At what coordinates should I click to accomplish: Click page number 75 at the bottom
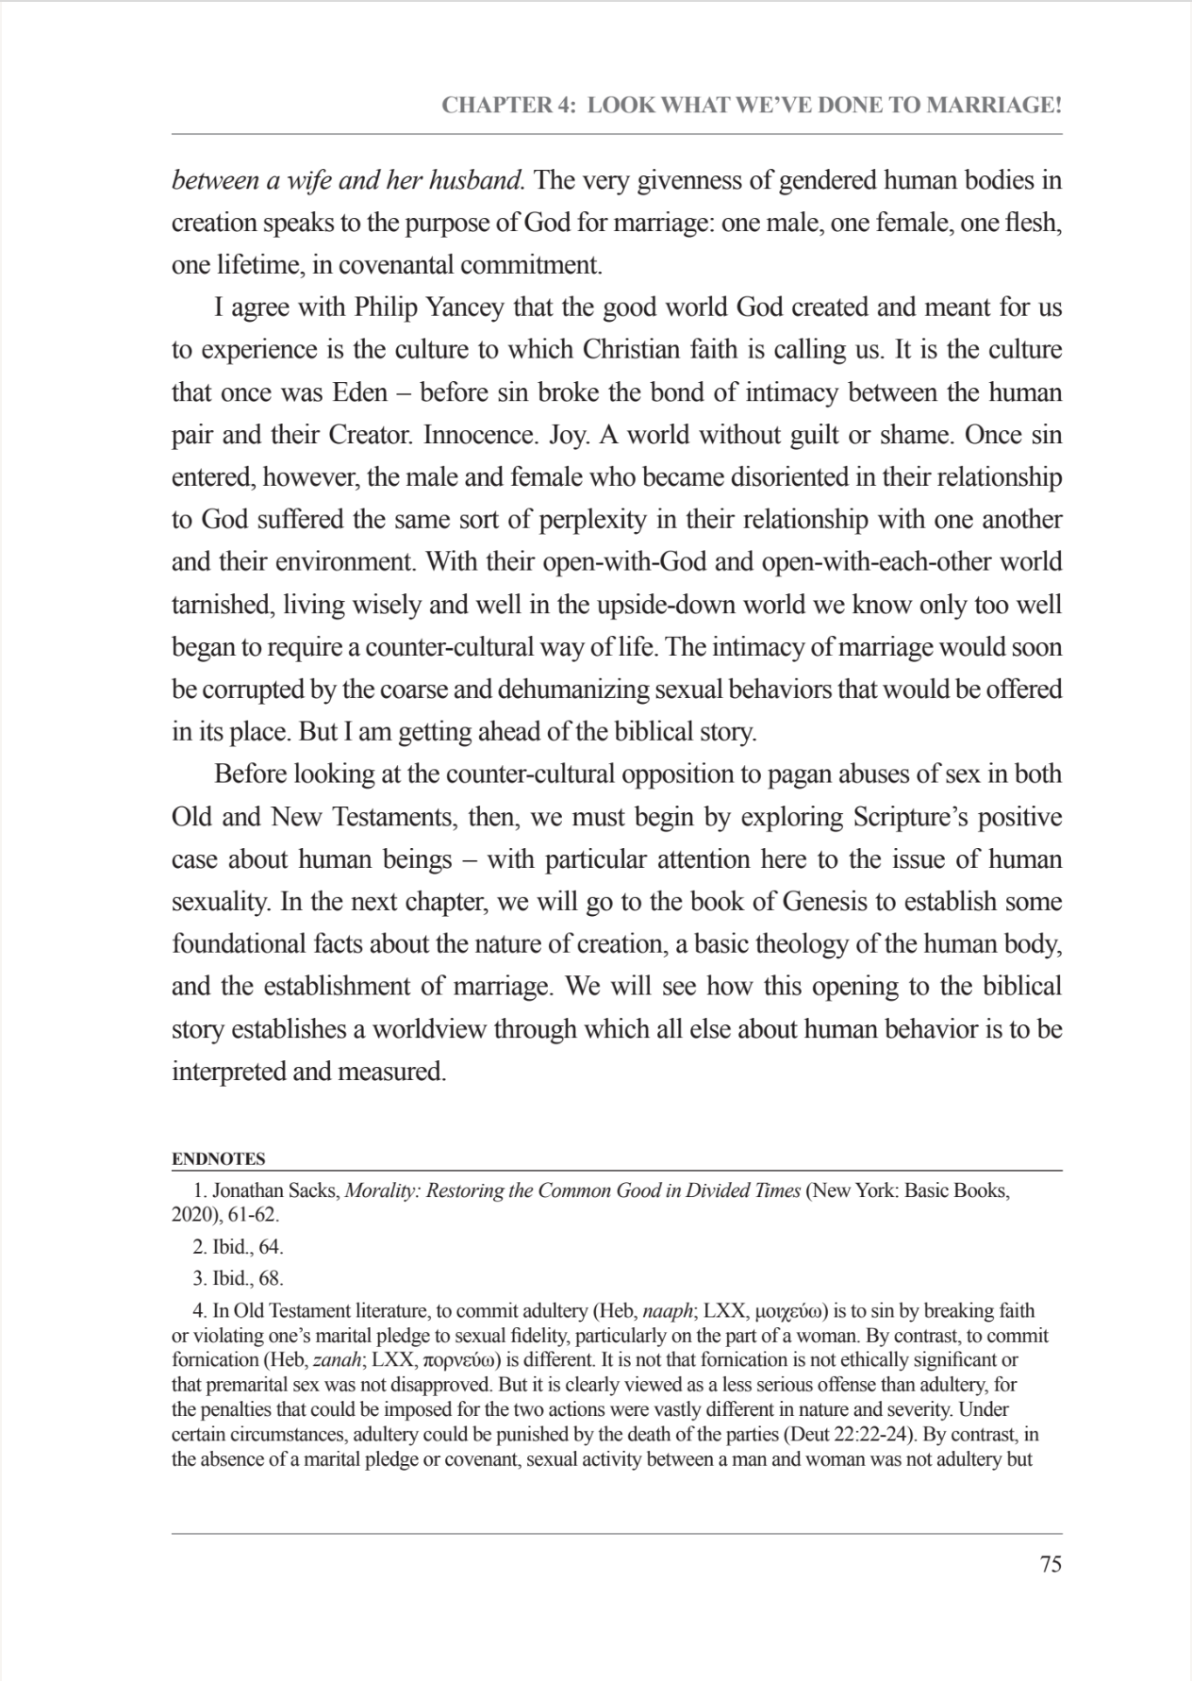click(1050, 1564)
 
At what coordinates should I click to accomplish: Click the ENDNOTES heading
click(218, 1158)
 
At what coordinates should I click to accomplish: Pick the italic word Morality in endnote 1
click(382, 1190)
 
